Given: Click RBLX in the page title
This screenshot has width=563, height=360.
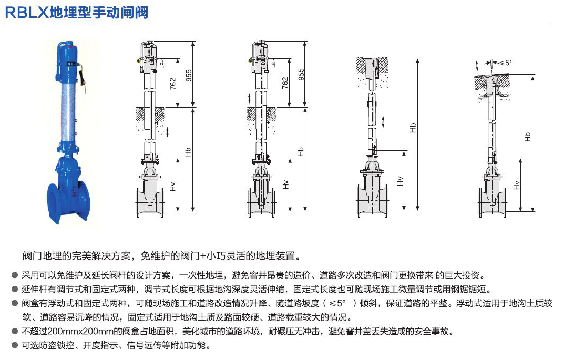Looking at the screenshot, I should click(26, 12).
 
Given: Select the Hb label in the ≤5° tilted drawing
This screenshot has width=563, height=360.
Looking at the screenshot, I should click(527, 136).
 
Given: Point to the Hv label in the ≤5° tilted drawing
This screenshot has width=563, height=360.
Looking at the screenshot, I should click(517, 184).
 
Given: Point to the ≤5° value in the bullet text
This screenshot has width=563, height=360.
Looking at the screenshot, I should click(337, 303).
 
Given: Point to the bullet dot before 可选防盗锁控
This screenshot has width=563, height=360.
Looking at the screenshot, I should click(14, 346).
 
